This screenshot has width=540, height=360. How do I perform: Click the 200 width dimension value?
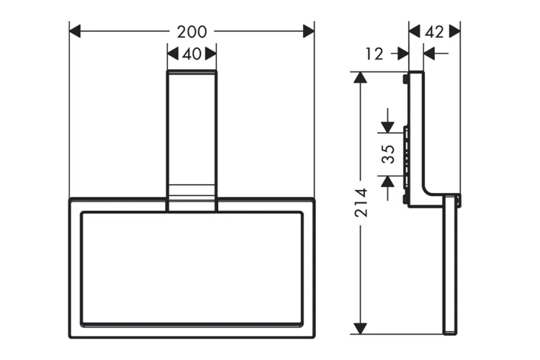coord(192,31)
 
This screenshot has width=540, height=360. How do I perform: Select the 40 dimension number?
coord(192,53)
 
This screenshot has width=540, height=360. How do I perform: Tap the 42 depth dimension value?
coord(434,31)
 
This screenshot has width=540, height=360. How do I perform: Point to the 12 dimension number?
coord(374,53)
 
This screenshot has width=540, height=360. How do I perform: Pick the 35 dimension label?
coord(388,155)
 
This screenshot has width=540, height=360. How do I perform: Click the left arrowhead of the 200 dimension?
coord(75,31)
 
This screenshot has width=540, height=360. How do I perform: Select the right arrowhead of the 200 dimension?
coord(308,31)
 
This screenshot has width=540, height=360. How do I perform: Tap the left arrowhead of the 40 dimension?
coord(173,53)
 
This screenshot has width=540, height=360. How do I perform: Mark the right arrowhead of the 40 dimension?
coord(210,53)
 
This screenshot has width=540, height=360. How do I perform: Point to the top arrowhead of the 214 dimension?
coord(361,77)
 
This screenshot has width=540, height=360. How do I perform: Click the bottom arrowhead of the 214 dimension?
coord(361,328)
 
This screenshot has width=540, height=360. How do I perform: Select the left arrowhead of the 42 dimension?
coord(414,31)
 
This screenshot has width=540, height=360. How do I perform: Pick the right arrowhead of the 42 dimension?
coord(454,31)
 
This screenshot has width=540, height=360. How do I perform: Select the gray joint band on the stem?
coord(192,192)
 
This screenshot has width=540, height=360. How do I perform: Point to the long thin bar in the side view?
coord(450,266)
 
